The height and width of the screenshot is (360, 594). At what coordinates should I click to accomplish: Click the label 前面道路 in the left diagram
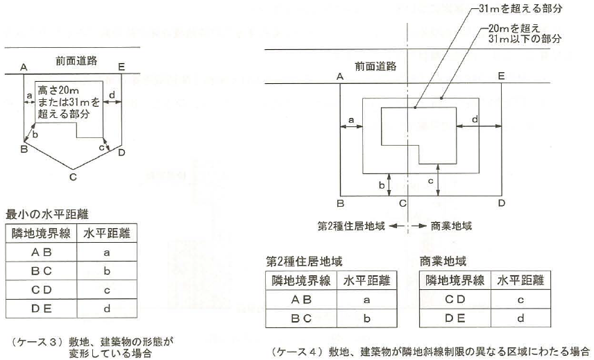pos(77,60)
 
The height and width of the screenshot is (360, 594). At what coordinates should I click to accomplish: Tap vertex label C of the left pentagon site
pos(72,178)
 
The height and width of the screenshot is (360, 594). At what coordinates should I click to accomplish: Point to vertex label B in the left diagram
pos(24,149)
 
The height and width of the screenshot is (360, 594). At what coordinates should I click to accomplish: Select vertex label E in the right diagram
pos(501,76)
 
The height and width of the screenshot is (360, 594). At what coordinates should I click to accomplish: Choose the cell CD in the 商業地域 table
pos(455,300)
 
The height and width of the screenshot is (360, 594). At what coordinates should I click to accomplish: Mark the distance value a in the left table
pos(108,252)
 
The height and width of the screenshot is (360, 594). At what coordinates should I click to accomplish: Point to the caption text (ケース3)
pos(35,341)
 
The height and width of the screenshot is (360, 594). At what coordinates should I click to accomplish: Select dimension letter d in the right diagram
pos(474,120)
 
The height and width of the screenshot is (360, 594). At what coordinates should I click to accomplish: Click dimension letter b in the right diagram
pos(381,185)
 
